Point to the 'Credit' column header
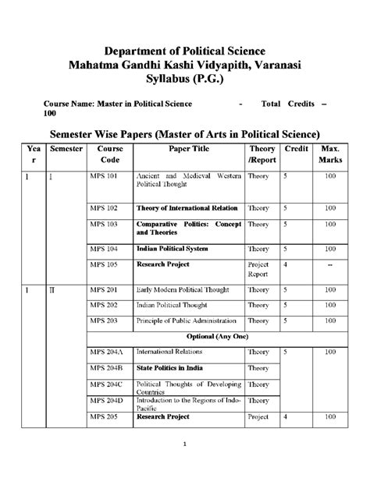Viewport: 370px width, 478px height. click(x=297, y=147)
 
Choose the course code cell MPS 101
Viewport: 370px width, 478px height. click(x=102, y=177)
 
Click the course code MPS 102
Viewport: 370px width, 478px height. click(x=102, y=208)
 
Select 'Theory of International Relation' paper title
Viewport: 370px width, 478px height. click(x=187, y=208)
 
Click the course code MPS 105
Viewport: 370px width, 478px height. click(x=102, y=264)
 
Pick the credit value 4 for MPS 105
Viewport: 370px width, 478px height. click(x=286, y=264)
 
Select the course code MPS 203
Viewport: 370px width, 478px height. click(x=102, y=320)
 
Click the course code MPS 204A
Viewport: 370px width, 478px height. click(x=105, y=352)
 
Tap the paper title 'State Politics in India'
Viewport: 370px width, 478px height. click(x=170, y=367)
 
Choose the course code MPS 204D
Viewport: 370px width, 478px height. click(x=105, y=400)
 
